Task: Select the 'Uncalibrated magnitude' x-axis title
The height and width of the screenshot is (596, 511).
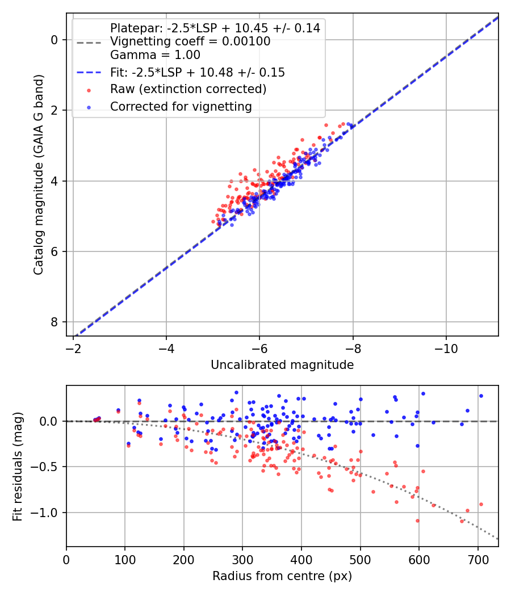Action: point(282,365)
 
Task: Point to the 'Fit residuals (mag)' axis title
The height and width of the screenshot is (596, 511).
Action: point(18,466)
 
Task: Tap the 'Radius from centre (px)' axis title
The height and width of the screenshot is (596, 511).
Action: point(282,576)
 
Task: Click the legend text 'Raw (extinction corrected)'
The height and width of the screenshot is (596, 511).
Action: point(188,89)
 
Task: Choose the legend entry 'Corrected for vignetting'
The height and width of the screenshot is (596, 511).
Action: point(181,106)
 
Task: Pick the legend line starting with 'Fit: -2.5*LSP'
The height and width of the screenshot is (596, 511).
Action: point(197,72)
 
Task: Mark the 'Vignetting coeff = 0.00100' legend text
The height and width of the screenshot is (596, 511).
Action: point(190,41)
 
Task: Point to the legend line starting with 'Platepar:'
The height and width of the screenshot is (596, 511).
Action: point(215,28)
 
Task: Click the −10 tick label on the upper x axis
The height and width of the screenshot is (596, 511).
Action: point(446,347)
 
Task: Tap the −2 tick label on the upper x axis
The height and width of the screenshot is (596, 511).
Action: point(73,347)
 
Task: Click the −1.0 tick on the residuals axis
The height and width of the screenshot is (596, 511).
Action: point(47,513)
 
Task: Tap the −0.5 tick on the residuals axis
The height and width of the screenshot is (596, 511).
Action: point(47,467)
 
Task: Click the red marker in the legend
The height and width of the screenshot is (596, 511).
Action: point(89,90)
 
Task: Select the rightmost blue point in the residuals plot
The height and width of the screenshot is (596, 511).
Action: point(481,396)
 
